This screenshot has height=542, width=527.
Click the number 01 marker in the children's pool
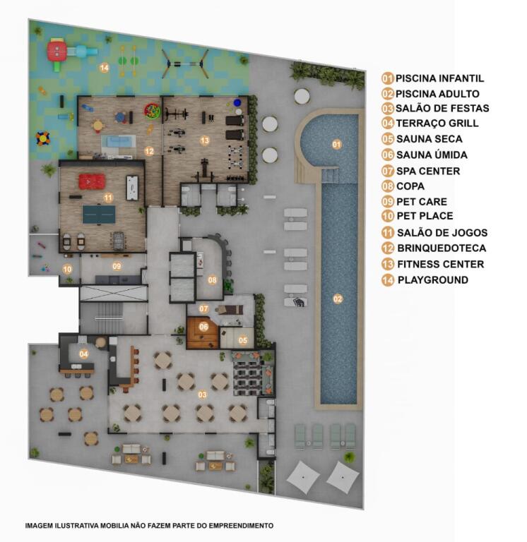(336, 144)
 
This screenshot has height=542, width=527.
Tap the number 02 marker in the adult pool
(338, 299)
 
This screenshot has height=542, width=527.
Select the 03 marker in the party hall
(203, 395)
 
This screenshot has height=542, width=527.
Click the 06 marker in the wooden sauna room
(204, 326)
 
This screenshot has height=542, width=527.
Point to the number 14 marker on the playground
(104, 68)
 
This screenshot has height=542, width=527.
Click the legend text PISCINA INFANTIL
(439, 78)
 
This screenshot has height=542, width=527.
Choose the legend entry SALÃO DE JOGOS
(442, 233)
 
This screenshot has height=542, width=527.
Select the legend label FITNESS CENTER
(441, 264)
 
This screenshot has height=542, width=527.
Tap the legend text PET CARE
(422, 202)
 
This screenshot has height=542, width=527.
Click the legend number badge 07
(388, 171)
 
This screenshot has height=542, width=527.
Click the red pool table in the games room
(92, 181)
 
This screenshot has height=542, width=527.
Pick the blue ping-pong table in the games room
(99, 215)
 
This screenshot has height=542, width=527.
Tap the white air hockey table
(133, 188)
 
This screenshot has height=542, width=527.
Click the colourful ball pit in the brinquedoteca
(153, 111)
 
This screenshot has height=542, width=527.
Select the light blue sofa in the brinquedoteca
(119, 142)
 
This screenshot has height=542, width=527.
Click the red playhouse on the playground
(57, 52)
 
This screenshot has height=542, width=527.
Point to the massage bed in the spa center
(229, 310)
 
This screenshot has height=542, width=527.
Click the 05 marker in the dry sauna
(243, 340)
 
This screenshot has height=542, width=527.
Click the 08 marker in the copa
(212, 280)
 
